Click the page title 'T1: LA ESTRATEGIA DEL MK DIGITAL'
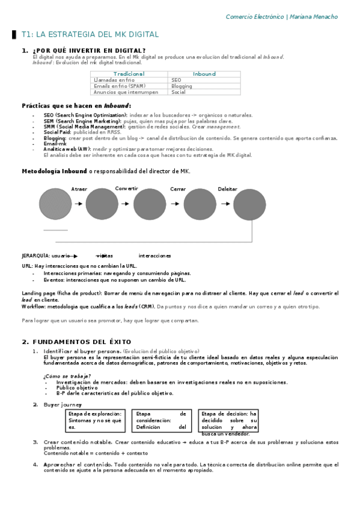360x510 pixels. point(90,35)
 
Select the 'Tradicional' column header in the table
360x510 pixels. point(129,74)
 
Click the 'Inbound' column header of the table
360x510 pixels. point(204,74)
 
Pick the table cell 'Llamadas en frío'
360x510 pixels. point(114,80)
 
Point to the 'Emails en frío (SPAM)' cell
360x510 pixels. point(120,86)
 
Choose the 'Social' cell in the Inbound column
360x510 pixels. point(178,92)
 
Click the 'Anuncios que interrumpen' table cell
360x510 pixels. point(126,92)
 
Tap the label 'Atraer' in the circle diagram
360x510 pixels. point(79,189)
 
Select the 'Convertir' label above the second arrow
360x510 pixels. point(127,188)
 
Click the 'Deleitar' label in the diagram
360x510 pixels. point(227,189)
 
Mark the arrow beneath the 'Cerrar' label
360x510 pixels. point(175,204)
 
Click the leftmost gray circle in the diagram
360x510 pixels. point(55,204)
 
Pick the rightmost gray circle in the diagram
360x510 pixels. point(249,204)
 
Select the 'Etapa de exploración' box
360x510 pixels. point(95,420)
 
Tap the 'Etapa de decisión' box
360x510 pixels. point(229,421)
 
